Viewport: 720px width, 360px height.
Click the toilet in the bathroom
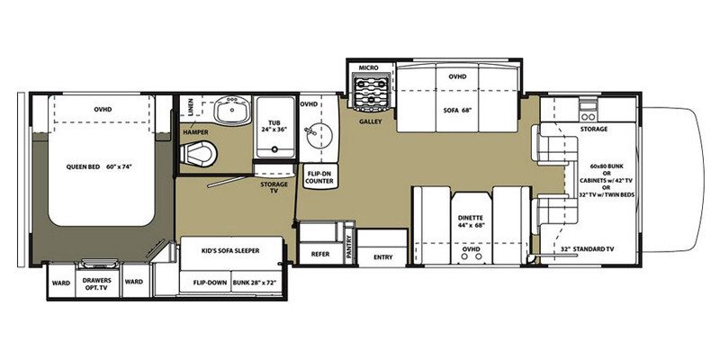[x=198, y=153]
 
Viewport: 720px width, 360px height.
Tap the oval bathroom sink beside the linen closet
[x=232, y=110]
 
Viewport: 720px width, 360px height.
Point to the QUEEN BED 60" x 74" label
[x=99, y=166]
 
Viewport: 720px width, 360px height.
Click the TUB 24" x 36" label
[x=274, y=126]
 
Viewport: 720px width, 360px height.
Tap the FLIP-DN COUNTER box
[x=319, y=176]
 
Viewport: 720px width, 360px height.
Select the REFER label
[x=320, y=254]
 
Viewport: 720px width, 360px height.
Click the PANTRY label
[x=349, y=250]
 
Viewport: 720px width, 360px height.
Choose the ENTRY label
[x=382, y=257]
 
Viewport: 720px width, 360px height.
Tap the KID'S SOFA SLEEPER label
[x=230, y=251]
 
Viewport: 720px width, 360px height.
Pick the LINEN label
[x=191, y=106]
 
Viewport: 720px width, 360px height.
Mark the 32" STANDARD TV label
[x=588, y=249]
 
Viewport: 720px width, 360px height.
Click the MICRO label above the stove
[x=368, y=68]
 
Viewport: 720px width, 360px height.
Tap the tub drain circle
[x=274, y=148]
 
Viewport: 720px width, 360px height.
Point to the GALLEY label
[x=371, y=121]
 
